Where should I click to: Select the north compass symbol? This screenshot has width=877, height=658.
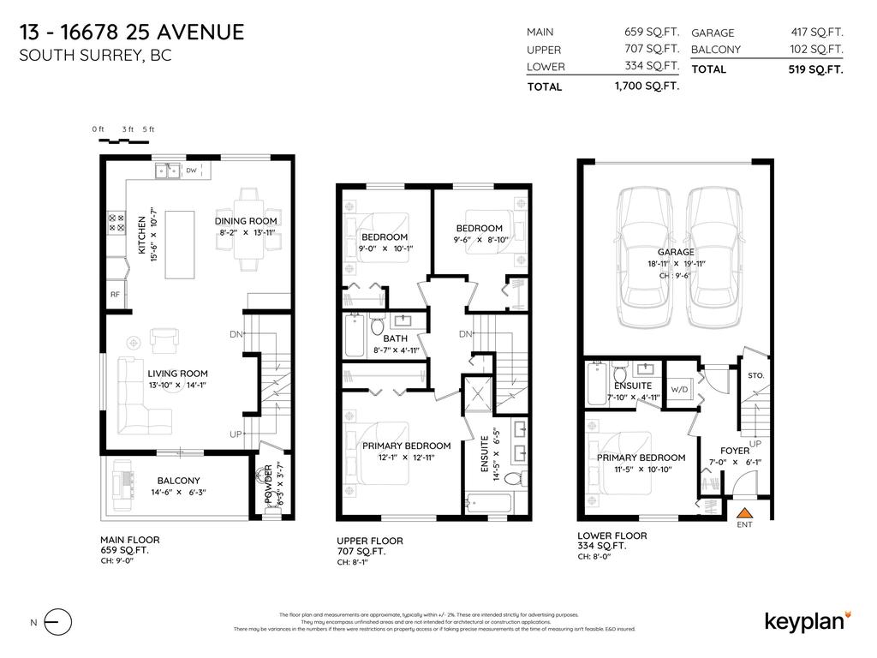[57, 622]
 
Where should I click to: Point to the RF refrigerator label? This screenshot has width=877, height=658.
[114, 295]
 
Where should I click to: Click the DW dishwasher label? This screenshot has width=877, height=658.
[191, 171]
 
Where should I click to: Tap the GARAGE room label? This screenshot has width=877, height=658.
[675, 252]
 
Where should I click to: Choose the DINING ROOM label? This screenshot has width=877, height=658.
[246, 221]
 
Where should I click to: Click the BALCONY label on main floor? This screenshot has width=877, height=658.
[178, 481]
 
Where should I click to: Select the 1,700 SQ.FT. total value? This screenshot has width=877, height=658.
[647, 87]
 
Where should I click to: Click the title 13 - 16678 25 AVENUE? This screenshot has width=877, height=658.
[131, 33]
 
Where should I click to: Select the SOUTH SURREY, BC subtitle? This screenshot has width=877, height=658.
[95, 57]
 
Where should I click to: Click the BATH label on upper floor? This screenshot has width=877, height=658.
[383, 338]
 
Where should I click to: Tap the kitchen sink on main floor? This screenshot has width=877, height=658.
[167, 171]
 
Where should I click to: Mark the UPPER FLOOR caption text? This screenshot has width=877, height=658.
[370, 541]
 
